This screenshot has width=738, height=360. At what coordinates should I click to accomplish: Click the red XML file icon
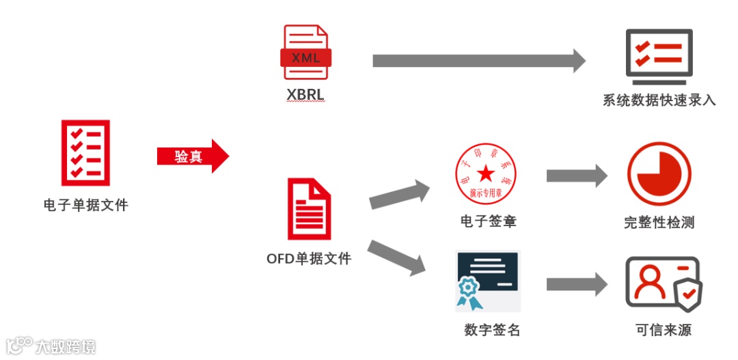coord(305,53)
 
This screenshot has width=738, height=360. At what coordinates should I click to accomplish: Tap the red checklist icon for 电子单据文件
coord(85,152)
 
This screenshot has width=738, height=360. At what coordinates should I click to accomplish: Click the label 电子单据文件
coord(85,204)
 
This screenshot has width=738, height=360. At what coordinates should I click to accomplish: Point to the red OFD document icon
coord(309,209)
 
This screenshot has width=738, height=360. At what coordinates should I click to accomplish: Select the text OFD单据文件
coord(309,259)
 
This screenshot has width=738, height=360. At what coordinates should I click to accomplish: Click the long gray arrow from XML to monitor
coord(478,61)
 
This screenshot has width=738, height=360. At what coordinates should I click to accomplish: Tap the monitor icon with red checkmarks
coord(659,55)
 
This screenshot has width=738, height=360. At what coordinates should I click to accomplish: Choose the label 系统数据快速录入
coord(659,100)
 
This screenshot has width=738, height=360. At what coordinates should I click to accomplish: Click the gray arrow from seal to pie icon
coord(576,176)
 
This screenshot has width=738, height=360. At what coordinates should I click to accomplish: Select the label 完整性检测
coord(659,222)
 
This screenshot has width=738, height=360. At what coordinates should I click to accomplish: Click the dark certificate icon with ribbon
coord(487,281)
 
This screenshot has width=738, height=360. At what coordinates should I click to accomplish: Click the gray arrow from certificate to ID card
coord(576,284)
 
